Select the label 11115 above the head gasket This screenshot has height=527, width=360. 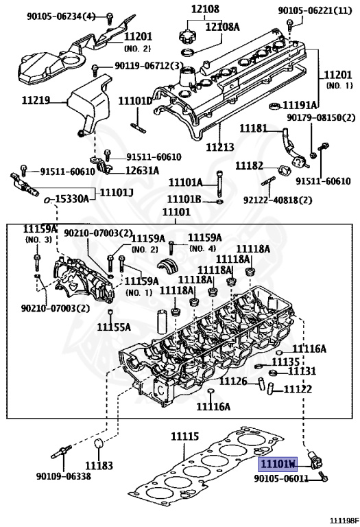tap(184, 436)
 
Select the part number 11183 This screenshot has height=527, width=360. tap(99, 465)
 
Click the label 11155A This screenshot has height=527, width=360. tap(113, 327)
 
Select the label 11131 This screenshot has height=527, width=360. tap(301, 371)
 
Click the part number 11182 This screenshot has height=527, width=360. tap(249, 166)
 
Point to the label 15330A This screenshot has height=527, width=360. tap(70, 198)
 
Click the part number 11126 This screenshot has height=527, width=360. tap(233, 381)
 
